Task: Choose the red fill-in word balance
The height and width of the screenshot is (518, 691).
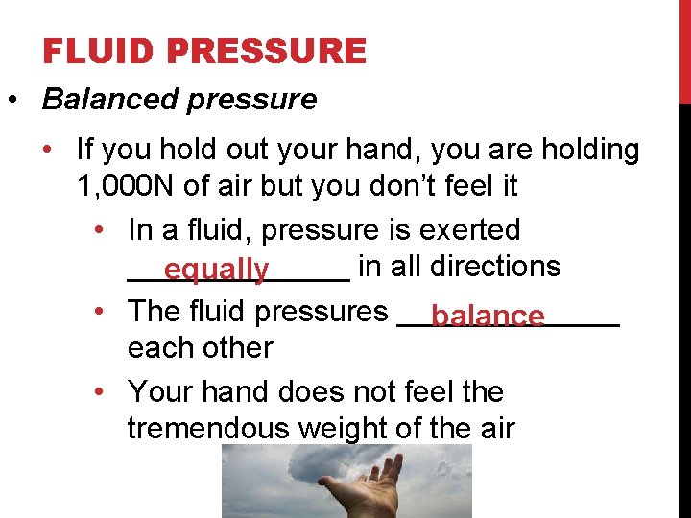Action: click(488, 316)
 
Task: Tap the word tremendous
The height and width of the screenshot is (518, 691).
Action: click(207, 428)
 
